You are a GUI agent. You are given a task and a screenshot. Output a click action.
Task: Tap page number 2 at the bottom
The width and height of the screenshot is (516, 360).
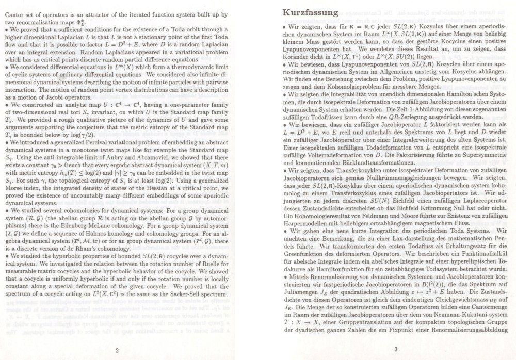(117, 336)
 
